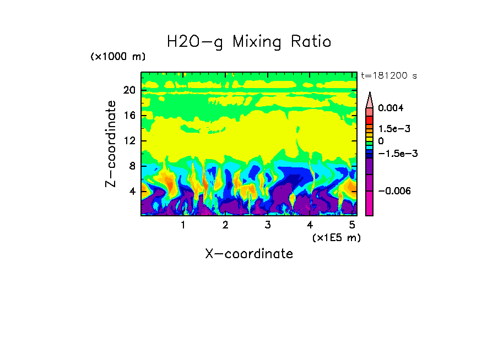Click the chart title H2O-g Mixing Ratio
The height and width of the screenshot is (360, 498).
click(x=249, y=42)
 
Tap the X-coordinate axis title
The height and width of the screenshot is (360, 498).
click(x=249, y=254)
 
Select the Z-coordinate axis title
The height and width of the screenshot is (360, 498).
click(x=111, y=144)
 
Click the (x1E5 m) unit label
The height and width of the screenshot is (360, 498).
click(x=336, y=237)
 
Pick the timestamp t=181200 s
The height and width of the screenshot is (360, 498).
click(x=388, y=75)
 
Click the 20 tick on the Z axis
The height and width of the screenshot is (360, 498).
click(x=129, y=90)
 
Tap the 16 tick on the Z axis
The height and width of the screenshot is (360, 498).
click(x=129, y=116)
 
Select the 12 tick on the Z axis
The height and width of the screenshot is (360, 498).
click(x=129, y=141)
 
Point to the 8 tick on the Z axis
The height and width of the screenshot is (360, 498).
click(x=132, y=166)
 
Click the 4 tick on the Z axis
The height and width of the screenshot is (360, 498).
click(x=132, y=192)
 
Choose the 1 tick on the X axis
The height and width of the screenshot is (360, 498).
click(x=183, y=225)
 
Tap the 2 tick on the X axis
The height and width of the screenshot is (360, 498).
click(x=225, y=225)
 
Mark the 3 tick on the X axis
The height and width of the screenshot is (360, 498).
click(x=267, y=225)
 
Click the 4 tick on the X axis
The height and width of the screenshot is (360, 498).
click(x=310, y=225)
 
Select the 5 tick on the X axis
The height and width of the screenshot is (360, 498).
click(x=351, y=225)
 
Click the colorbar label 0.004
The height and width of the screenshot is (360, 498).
click(x=391, y=108)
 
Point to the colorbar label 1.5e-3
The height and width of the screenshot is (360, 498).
click(x=394, y=128)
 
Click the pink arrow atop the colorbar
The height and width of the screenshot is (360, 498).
click(x=370, y=99)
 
